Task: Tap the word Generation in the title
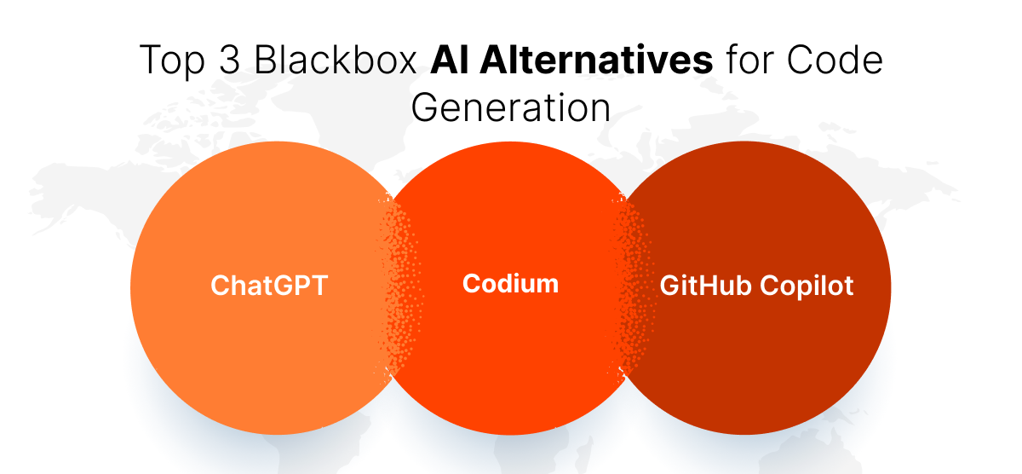[x=511, y=108]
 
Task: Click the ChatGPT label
[x=268, y=286]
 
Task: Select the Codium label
[x=510, y=283]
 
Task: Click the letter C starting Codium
[x=471, y=283]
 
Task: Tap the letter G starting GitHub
[x=669, y=286]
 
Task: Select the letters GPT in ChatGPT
[x=305, y=286]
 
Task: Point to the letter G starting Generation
[x=424, y=108]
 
